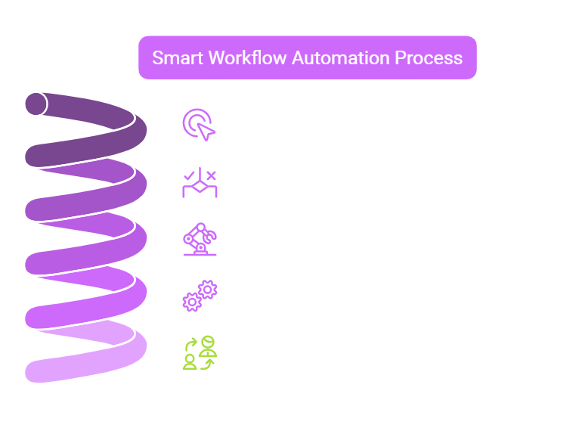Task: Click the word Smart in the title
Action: [x=175, y=58]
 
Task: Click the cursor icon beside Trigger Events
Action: [x=199, y=125]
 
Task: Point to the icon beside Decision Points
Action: [x=200, y=182]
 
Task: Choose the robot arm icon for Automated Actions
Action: [x=200, y=239]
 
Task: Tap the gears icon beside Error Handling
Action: [x=200, y=296]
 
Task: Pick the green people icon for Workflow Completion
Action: [x=200, y=352]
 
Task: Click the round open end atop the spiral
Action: [x=35, y=104]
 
